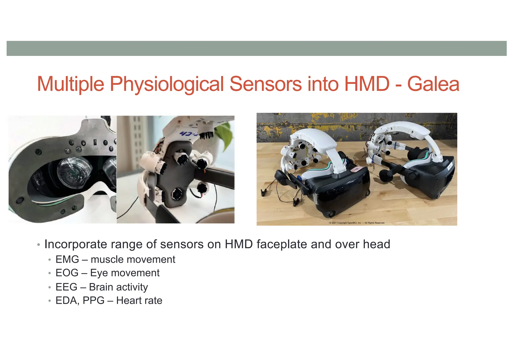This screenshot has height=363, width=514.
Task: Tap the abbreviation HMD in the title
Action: (367, 84)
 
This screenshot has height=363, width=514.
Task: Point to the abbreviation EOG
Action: (67, 273)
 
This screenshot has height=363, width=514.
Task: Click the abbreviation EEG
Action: (66, 287)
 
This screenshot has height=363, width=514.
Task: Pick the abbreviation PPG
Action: (93, 301)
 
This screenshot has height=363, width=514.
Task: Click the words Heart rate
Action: (139, 301)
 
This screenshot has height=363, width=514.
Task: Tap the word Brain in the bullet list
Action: (101, 287)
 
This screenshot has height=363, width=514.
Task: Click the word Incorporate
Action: (76, 244)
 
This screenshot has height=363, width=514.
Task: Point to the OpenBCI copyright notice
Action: (357, 223)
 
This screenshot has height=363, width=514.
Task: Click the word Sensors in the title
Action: (266, 84)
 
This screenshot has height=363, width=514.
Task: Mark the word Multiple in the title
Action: (71, 84)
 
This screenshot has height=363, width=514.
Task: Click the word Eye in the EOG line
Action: (99, 273)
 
